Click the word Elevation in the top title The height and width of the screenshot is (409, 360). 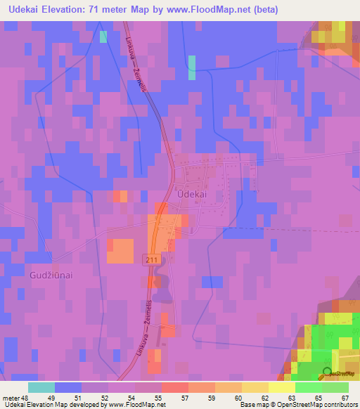click(x=81, y=10)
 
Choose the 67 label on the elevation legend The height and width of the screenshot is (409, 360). click(x=345, y=398)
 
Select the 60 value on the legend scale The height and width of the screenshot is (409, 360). click(x=238, y=398)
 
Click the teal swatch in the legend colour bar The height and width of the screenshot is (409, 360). click(x=41, y=387)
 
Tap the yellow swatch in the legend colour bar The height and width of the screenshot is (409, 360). click(x=282, y=387)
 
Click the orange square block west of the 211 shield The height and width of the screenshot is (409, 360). click(x=120, y=251)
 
